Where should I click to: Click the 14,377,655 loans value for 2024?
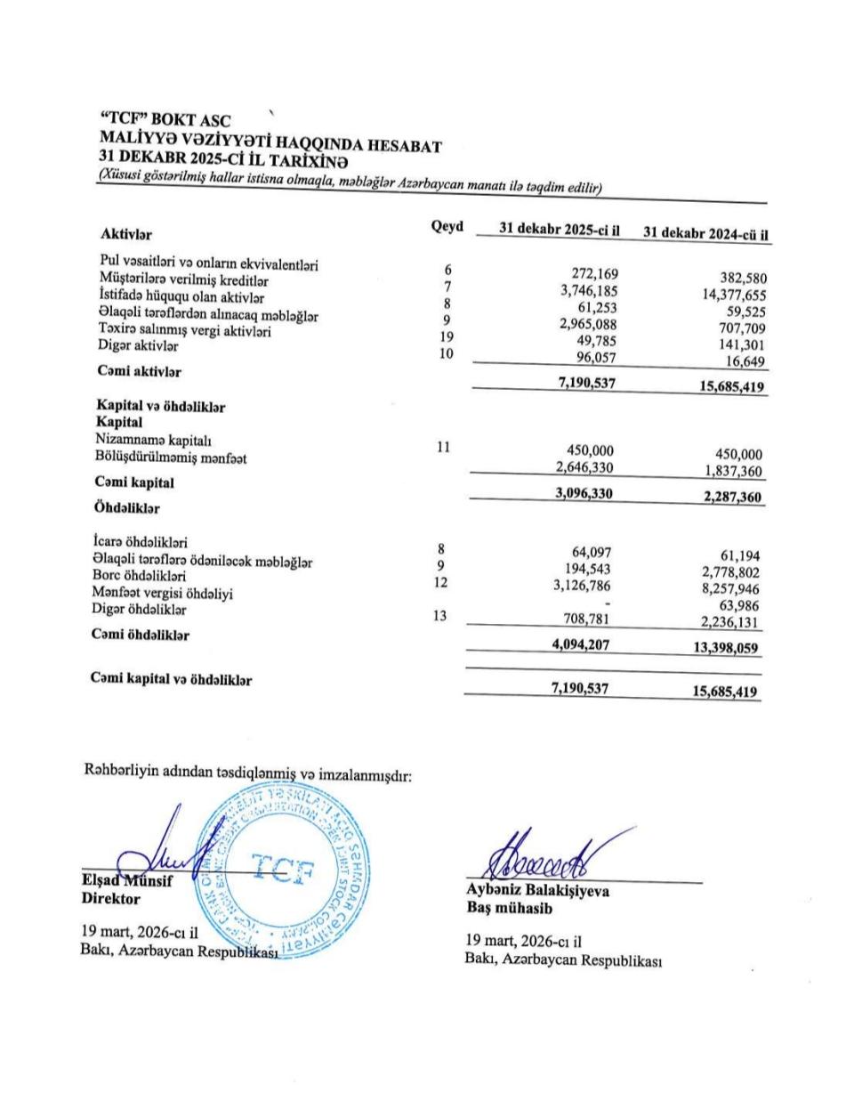click(734, 295)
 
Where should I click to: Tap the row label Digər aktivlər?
click(138, 346)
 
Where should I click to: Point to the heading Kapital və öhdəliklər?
click(161, 407)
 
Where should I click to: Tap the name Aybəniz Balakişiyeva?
click(537, 890)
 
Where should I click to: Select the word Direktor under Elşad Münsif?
click(110, 899)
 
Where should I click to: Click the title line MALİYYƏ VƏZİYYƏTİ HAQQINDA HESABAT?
click(272, 142)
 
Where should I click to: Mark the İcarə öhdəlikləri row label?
click(141, 541)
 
